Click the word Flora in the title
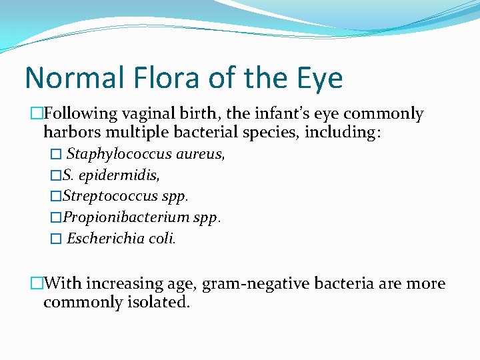[149, 78]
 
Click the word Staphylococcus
[120, 155]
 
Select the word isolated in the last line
[163, 302]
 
